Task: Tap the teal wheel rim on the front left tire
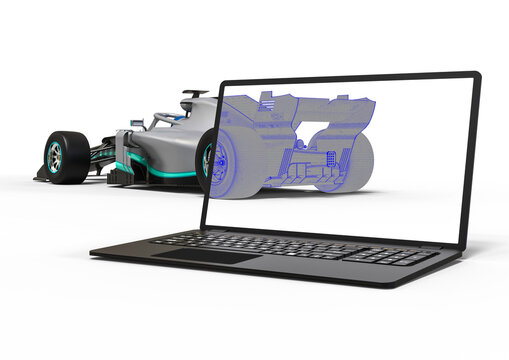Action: tap(54, 157)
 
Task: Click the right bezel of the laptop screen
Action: tap(470, 160)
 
